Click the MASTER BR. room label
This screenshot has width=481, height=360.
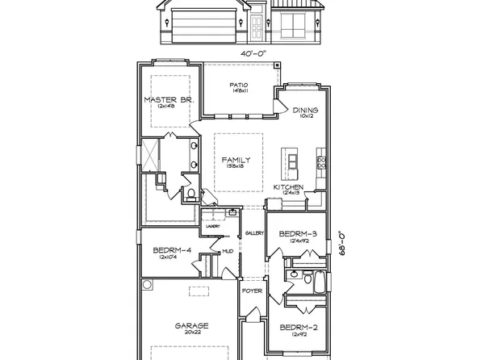point(167,100)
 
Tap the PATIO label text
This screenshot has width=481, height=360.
point(237,85)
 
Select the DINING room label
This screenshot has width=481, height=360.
point(305,111)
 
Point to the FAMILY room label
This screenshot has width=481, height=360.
point(236,160)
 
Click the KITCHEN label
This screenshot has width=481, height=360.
point(288,187)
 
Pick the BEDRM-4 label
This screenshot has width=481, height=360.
point(172,251)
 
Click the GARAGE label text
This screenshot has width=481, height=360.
point(192,325)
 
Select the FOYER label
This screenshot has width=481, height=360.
point(252,312)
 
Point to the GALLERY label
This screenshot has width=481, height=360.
point(255,233)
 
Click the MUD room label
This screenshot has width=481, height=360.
point(228,251)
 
